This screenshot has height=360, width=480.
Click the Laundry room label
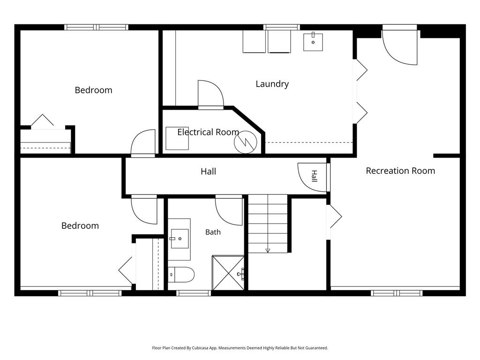click(272, 84)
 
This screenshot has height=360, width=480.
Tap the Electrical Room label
click(208, 132)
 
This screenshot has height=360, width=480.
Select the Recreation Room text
click(400, 171)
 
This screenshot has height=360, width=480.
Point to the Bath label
click(213, 232)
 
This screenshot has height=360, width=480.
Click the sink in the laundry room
click(313, 42)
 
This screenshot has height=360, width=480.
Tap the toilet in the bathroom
click(181, 275)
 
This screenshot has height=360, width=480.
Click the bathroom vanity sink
click(180, 239)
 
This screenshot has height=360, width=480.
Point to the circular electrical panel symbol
click(245, 142)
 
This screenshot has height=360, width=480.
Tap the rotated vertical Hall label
click(314, 176)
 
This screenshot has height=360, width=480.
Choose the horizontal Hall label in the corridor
click(208, 172)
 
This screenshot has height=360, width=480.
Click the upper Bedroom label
click(93, 90)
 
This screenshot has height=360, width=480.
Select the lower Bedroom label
click(80, 225)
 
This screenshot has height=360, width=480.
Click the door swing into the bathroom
click(229, 211)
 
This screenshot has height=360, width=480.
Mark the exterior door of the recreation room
click(400, 46)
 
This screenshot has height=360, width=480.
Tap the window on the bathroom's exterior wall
click(194, 293)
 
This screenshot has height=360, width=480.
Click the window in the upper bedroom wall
click(96, 27)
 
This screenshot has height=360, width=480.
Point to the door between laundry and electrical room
click(211, 95)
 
